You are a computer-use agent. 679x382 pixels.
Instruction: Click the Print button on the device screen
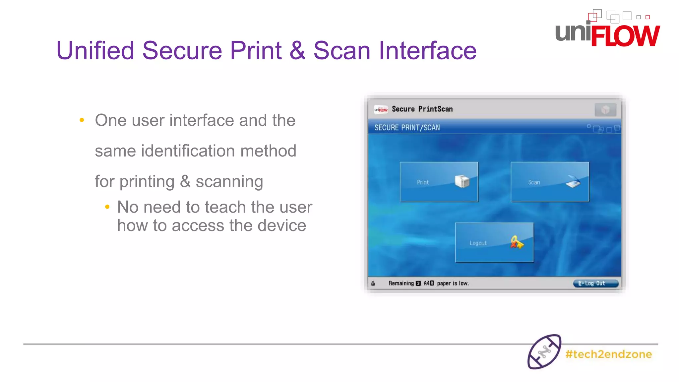click(439, 182)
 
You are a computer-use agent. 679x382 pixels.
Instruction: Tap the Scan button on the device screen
click(550, 182)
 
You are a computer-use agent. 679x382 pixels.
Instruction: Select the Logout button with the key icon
click(494, 242)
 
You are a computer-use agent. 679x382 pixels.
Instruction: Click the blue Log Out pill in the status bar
click(596, 283)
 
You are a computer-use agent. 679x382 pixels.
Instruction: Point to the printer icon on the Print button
click(462, 181)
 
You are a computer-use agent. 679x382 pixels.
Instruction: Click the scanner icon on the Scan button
click(573, 181)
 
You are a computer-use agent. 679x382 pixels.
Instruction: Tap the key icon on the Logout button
click(517, 242)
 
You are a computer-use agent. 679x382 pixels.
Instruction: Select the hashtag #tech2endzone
click(609, 354)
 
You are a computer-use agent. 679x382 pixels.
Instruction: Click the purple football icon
click(544, 352)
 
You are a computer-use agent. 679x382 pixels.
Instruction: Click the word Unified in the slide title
click(95, 50)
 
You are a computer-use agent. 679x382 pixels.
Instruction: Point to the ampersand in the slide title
click(297, 50)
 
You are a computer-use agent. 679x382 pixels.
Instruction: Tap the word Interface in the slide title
click(428, 50)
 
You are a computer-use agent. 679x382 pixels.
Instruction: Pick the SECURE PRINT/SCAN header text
click(407, 128)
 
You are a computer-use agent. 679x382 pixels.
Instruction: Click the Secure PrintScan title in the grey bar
click(422, 109)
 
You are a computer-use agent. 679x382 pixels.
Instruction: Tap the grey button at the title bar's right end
click(605, 109)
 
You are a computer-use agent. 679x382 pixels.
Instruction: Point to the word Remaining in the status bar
click(401, 283)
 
